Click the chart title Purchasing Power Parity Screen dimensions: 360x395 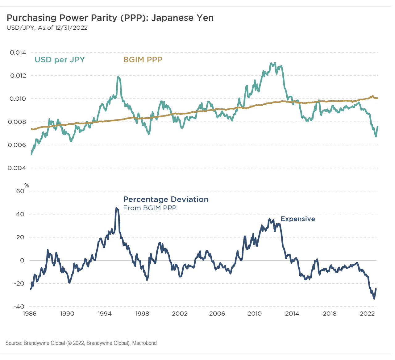110,18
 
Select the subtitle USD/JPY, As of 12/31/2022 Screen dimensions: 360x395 47,28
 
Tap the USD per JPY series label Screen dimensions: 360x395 60,60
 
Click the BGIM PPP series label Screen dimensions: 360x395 143,60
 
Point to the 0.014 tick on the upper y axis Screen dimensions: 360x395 18,52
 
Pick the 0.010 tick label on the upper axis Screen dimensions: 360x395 18,99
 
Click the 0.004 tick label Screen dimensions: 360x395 18,168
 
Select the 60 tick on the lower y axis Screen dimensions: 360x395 20,191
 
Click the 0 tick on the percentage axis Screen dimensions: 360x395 22,261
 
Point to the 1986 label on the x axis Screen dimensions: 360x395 30,314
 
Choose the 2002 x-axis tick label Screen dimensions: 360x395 180,314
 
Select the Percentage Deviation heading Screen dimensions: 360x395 166,199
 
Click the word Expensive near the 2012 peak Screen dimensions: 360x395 298,219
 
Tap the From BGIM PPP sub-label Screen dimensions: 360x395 150,208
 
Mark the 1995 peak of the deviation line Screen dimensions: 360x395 116,208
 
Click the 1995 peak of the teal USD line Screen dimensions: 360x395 118,76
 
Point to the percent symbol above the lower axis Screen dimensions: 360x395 27,186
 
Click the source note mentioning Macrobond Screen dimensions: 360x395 81,343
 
